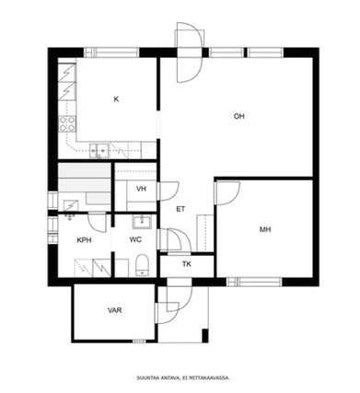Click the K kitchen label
point(116,99)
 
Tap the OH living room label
point(239,116)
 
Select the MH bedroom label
point(265,229)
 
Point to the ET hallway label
point(180,209)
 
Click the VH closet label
point(141,189)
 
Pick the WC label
point(135,239)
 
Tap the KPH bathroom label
point(84,240)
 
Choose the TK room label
point(187,264)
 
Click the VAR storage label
point(114,310)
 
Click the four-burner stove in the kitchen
point(67,123)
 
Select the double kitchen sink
point(99,151)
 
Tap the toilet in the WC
point(142,265)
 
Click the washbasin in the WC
point(142,222)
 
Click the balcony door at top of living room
point(190,56)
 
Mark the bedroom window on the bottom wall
point(254,282)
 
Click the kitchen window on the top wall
point(111,52)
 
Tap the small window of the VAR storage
point(139,341)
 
